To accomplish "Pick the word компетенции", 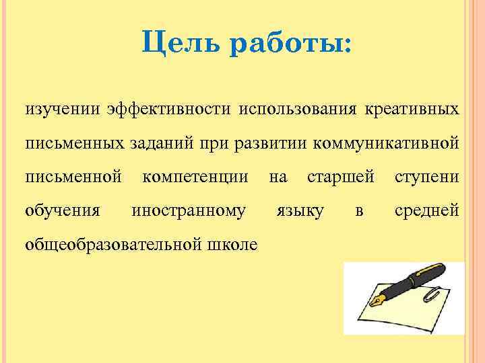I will click(x=195, y=177).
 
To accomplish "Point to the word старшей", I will click(x=340, y=177).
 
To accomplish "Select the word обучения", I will click(x=63, y=211).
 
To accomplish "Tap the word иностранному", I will click(x=189, y=211).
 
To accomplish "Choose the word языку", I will click(x=300, y=211).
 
